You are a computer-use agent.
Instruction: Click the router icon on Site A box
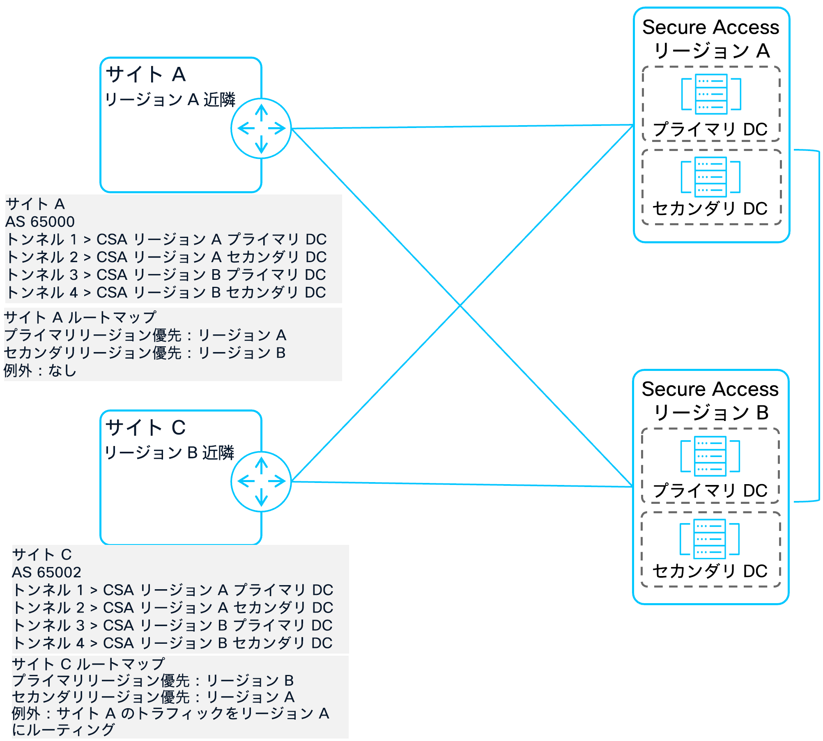pos(261,128)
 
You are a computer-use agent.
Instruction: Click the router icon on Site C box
pos(261,481)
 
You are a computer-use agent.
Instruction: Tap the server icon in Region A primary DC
pos(711,94)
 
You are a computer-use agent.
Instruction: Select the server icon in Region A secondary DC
pos(710,177)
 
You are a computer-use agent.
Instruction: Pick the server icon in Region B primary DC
pos(710,456)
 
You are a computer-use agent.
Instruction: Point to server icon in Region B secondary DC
pos(709,539)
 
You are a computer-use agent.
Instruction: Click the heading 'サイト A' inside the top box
pos(146,75)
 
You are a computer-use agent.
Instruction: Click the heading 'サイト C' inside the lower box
pos(146,428)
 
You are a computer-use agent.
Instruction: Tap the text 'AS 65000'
pos(40,222)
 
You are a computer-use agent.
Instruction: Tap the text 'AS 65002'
pos(46,572)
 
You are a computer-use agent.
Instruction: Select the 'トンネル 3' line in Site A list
pos(166,274)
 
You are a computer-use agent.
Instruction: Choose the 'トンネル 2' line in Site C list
pos(172,607)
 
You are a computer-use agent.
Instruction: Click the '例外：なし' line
pos(40,370)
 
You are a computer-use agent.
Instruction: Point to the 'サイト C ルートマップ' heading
pos(88,664)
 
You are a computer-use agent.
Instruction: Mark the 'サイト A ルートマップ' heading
pos(80,317)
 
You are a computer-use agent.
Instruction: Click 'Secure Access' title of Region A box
pos(710,27)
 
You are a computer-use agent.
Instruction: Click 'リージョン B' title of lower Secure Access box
pos(710,412)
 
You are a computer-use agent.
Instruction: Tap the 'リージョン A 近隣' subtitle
pos(170,100)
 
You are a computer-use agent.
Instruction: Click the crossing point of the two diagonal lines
pos(460,305)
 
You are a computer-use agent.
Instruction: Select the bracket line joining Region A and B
pos(819,326)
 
